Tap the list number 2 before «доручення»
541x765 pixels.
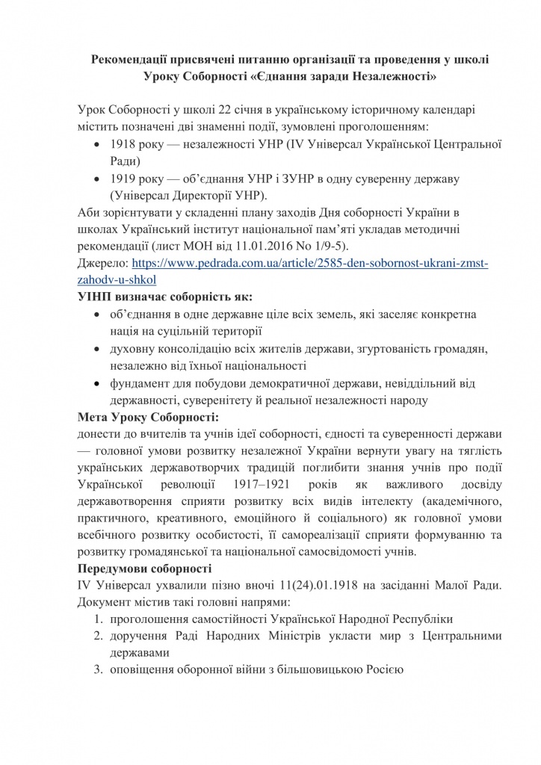[97, 636]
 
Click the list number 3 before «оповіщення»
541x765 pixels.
[97, 670]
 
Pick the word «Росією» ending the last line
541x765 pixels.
[383, 670]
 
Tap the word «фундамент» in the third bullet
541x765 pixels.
[139, 383]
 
